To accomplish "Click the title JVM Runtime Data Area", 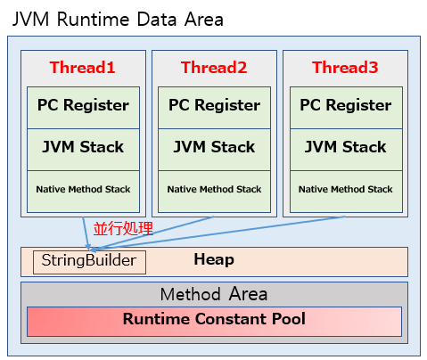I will (x=118, y=19).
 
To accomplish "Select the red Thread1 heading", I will (x=83, y=68).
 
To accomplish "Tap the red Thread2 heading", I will (x=214, y=68).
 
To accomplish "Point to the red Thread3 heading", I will (x=345, y=68).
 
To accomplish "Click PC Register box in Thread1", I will (x=83, y=105).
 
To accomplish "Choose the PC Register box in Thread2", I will (x=214, y=105).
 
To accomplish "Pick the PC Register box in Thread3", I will (x=345, y=105).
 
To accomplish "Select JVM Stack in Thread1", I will (x=83, y=147).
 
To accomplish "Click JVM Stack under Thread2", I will (x=214, y=147).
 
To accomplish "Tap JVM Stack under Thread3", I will (x=345, y=147).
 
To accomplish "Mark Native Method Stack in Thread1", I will (x=83, y=190).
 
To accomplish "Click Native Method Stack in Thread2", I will (x=214, y=190).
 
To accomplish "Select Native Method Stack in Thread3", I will (x=345, y=190).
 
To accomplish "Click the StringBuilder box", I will (x=89, y=261).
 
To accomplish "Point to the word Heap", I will (x=214, y=260).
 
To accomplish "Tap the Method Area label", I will (x=214, y=294).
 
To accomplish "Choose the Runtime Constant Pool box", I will (x=214, y=320).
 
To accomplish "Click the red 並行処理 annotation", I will (x=123, y=229).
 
